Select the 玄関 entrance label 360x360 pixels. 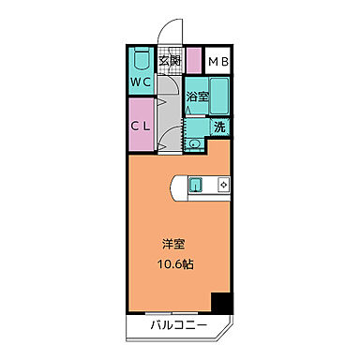click(x=169, y=63)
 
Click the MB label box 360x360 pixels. click(x=218, y=63)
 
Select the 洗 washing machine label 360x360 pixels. click(x=218, y=127)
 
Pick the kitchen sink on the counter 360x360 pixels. click(x=198, y=184)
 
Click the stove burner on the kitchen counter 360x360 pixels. click(x=222, y=184)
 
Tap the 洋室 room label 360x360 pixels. click(x=172, y=245)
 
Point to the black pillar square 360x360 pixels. click(x=221, y=304)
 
